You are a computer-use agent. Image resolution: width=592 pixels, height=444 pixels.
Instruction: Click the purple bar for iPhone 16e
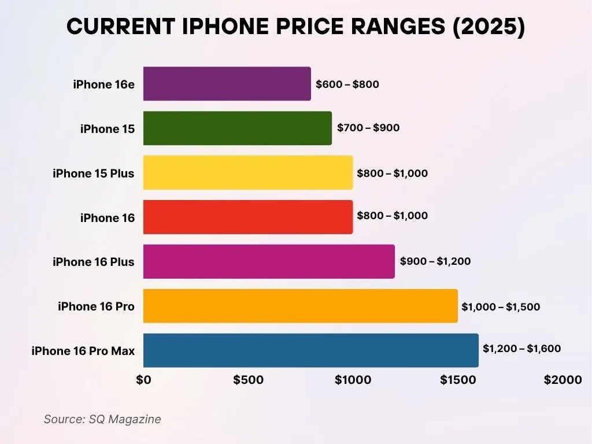coord(227,84)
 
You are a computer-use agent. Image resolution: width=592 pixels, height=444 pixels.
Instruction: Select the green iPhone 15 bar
coord(237,128)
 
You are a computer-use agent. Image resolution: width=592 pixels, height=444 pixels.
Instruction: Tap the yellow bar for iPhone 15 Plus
coord(247,173)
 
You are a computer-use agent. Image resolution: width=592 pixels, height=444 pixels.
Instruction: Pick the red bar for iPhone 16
coord(247,217)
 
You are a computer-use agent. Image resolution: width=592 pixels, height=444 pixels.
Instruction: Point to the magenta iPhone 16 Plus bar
coord(269,261)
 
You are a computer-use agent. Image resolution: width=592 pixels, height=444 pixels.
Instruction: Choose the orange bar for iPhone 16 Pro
coord(300,306)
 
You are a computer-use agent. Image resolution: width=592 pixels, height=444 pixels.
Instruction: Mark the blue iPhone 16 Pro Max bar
coord(310,350)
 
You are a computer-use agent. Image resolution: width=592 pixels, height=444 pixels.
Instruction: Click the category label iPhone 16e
coord(103,84)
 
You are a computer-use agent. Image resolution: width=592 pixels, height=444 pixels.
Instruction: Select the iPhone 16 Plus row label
coord(93,262)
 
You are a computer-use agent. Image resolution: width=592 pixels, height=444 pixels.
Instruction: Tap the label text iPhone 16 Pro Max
coord(83,351)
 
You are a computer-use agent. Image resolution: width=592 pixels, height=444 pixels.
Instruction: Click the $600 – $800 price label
coord(347,84)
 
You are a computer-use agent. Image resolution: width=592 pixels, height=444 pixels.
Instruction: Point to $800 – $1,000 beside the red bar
coord(393,216)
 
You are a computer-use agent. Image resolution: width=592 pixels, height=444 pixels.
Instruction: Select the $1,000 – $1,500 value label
coord(501,307)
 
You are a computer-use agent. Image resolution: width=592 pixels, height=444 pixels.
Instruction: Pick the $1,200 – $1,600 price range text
coord(521,349)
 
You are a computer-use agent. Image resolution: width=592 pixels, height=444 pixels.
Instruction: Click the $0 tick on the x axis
coord(143,380)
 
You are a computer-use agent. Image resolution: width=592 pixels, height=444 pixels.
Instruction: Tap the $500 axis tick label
coord(248,380)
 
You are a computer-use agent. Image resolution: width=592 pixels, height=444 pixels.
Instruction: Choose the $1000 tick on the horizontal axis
coord(353,380)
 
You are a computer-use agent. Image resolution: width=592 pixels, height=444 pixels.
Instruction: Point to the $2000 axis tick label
coord(562,380)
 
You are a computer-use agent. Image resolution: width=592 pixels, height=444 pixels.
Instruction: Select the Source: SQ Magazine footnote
coord(102,419)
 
